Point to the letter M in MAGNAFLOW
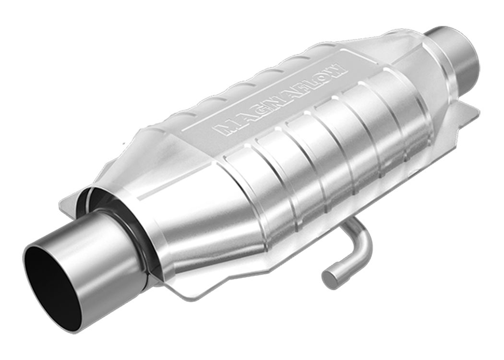[x=223, y=127]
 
